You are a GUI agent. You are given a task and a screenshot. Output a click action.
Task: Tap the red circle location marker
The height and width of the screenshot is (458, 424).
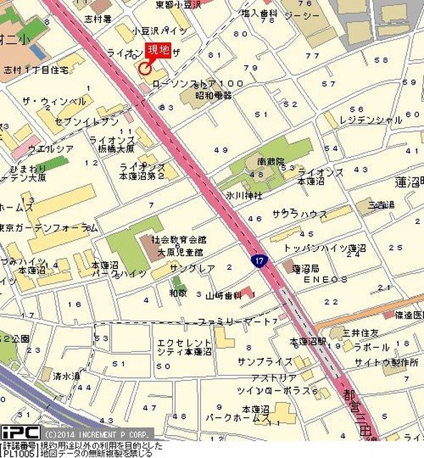pos(144,69)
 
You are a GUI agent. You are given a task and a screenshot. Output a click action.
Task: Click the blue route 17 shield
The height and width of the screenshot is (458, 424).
pos(260,262)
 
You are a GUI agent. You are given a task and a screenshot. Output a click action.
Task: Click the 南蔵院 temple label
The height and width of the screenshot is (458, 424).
pos(271,162)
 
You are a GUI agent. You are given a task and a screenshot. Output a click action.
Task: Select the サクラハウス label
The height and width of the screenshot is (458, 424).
pos(299,214)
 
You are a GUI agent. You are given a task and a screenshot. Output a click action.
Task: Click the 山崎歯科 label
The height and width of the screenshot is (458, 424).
pos(223,296)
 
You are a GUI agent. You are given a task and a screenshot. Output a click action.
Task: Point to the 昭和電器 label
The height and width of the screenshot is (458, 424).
pos(215,95)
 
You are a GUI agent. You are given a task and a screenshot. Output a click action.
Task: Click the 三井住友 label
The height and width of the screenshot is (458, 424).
pos(363,333)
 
